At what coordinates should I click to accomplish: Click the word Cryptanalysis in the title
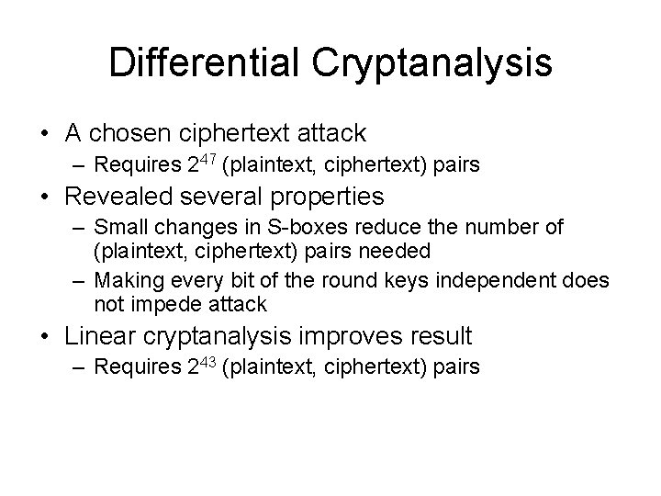coord(433,63)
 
